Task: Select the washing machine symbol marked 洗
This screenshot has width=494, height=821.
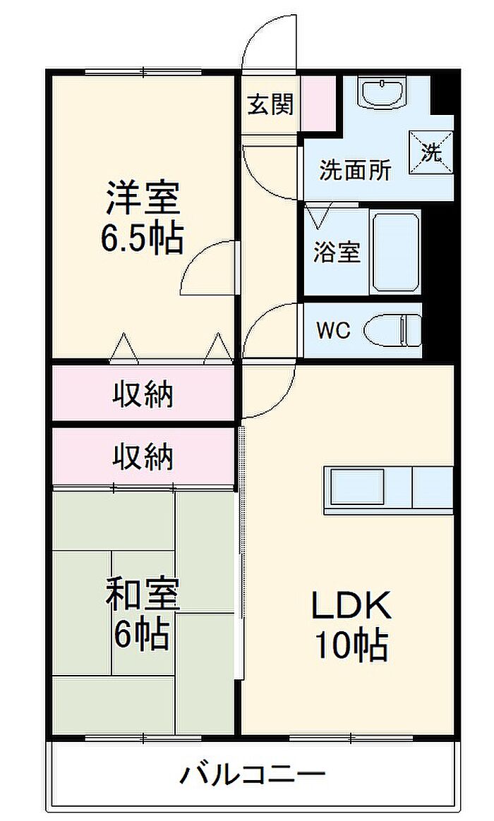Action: pyautogui.click(x=430, y=151)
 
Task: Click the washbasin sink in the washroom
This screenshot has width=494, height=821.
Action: pyautogui.click(x=382, y=92)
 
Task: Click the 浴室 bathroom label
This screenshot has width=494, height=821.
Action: pyautogui.click(x=337, y=252)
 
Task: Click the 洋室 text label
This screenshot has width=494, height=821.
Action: pyautogui.click(x=143, y=199)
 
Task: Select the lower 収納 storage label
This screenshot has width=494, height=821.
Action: pyautogui.click(x=143, y=458)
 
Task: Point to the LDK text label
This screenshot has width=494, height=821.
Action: pyautogui.click(x=351, y=605)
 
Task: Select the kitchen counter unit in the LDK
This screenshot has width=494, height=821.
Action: pyautogui.click(x=388, y=489)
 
